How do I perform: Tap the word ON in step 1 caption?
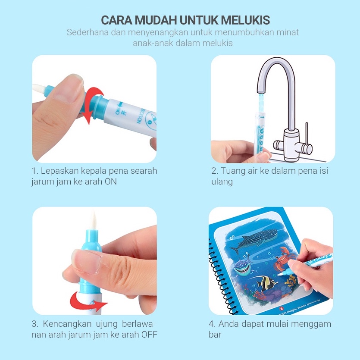coord(111,182)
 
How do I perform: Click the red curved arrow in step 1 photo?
coord(93,104)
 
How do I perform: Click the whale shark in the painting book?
coord(254,240)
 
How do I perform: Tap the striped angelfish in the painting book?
coord(265,283)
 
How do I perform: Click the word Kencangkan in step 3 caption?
coord(67,324)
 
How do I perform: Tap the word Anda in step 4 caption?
coord(229,324)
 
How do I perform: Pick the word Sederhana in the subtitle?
coord(88,32)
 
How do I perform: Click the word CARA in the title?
coord(117,20)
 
